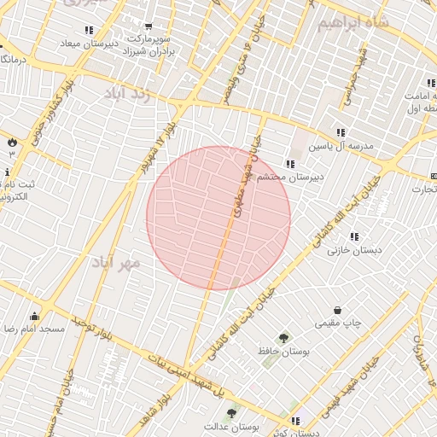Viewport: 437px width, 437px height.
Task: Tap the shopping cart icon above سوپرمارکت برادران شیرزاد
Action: (149, 27)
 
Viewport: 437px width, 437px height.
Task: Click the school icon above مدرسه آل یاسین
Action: (341, 132)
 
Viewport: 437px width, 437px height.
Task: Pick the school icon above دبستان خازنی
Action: (354, 236)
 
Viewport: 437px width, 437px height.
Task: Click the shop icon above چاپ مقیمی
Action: (338, 310)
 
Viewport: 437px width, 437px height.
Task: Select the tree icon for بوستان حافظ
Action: (283, 338)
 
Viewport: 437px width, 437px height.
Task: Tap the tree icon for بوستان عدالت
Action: (232, 413)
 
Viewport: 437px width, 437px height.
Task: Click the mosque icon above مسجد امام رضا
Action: (34, 317)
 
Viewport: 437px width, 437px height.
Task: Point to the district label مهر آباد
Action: (117, 260)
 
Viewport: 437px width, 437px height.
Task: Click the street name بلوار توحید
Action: (93, 325)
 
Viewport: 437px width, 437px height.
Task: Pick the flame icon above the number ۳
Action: (12, 142)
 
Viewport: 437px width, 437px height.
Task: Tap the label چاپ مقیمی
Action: (338, 323)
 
